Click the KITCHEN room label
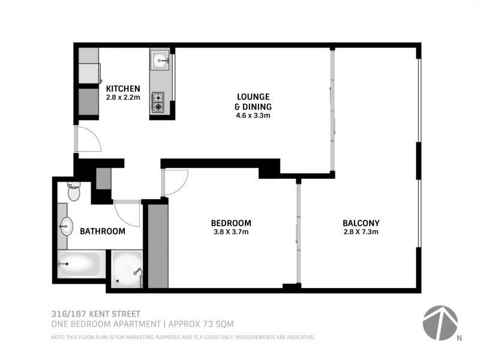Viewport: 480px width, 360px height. point(123,89)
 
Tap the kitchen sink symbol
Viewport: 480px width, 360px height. point(160,60)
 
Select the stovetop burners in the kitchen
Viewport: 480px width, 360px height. point(159,101)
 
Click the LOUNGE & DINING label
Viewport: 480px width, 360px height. point(253,101)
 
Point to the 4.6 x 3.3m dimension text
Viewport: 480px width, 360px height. point(253,116)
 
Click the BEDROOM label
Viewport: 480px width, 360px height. point(232,223)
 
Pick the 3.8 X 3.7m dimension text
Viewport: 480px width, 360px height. point(231,232)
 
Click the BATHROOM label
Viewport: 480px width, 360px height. point(103,231)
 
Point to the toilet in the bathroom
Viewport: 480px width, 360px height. point(74,192)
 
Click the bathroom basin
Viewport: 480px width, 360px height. point(66,227)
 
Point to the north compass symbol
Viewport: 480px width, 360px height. point(440,323)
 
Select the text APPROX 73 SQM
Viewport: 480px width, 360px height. point(202,324)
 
